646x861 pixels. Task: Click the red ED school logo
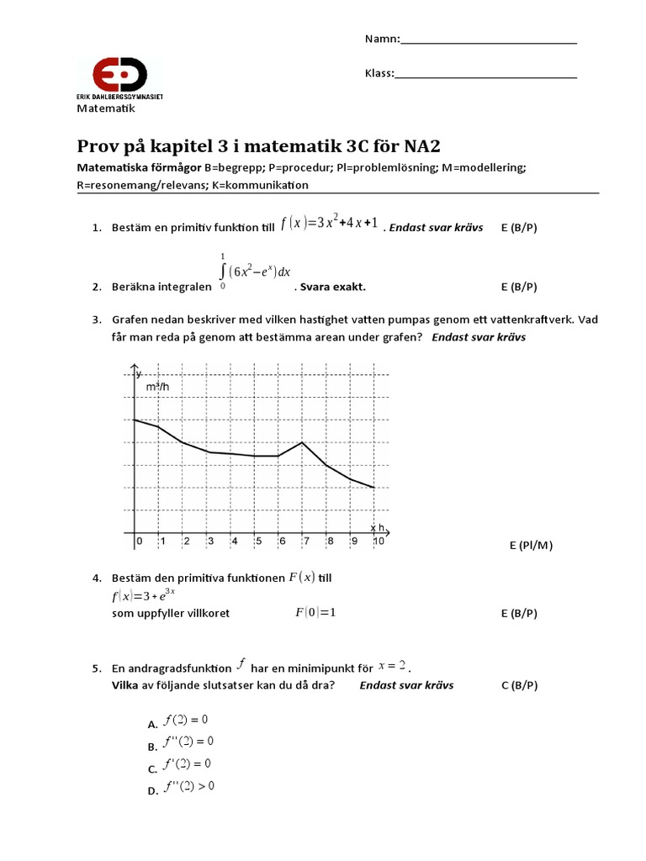pyautogui.click(x=119, y=74)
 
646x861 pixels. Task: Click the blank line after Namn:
pyautogui.click(x=489, y=40)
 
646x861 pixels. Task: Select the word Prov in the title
pyautogui.click(x=98, y=145)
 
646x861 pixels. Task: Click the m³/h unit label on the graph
pyautogui.click(x=157, y=387)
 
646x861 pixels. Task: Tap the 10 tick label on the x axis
pyautogui.click(x=379, y=541)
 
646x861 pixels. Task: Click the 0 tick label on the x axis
pyautogui.click(x=139, y=541)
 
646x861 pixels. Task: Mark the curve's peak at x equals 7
pyautogui.click(x=302, y=442)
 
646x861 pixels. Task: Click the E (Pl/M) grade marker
pyautogui.click(x=531, y=546)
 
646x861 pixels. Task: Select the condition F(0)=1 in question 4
pyautogui.click(x=315, y=612)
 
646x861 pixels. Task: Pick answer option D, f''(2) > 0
pyautogui.click(x=191, y=787)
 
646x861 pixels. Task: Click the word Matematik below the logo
pyautogui.click(x=106, y=108)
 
